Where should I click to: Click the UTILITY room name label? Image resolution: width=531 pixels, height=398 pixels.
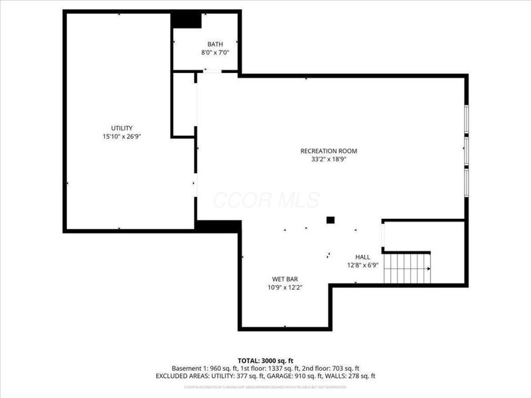coord(121,128)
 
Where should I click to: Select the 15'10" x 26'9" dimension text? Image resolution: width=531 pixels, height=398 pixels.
coord(121,137)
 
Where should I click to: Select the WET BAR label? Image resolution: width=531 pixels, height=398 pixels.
coord(285,279)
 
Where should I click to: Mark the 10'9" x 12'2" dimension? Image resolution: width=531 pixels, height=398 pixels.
coord(285,288)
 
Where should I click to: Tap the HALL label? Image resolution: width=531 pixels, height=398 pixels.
coord(362,257)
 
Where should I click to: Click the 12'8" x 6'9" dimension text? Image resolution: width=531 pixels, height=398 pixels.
coord(362,265)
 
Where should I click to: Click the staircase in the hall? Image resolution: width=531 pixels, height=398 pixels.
coord(408,269)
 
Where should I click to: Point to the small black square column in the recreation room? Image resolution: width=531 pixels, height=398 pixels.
coord(330,220)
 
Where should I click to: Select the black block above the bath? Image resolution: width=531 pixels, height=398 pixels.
coord(187,20)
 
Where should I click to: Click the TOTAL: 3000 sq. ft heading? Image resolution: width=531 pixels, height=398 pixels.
coord(265,360)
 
